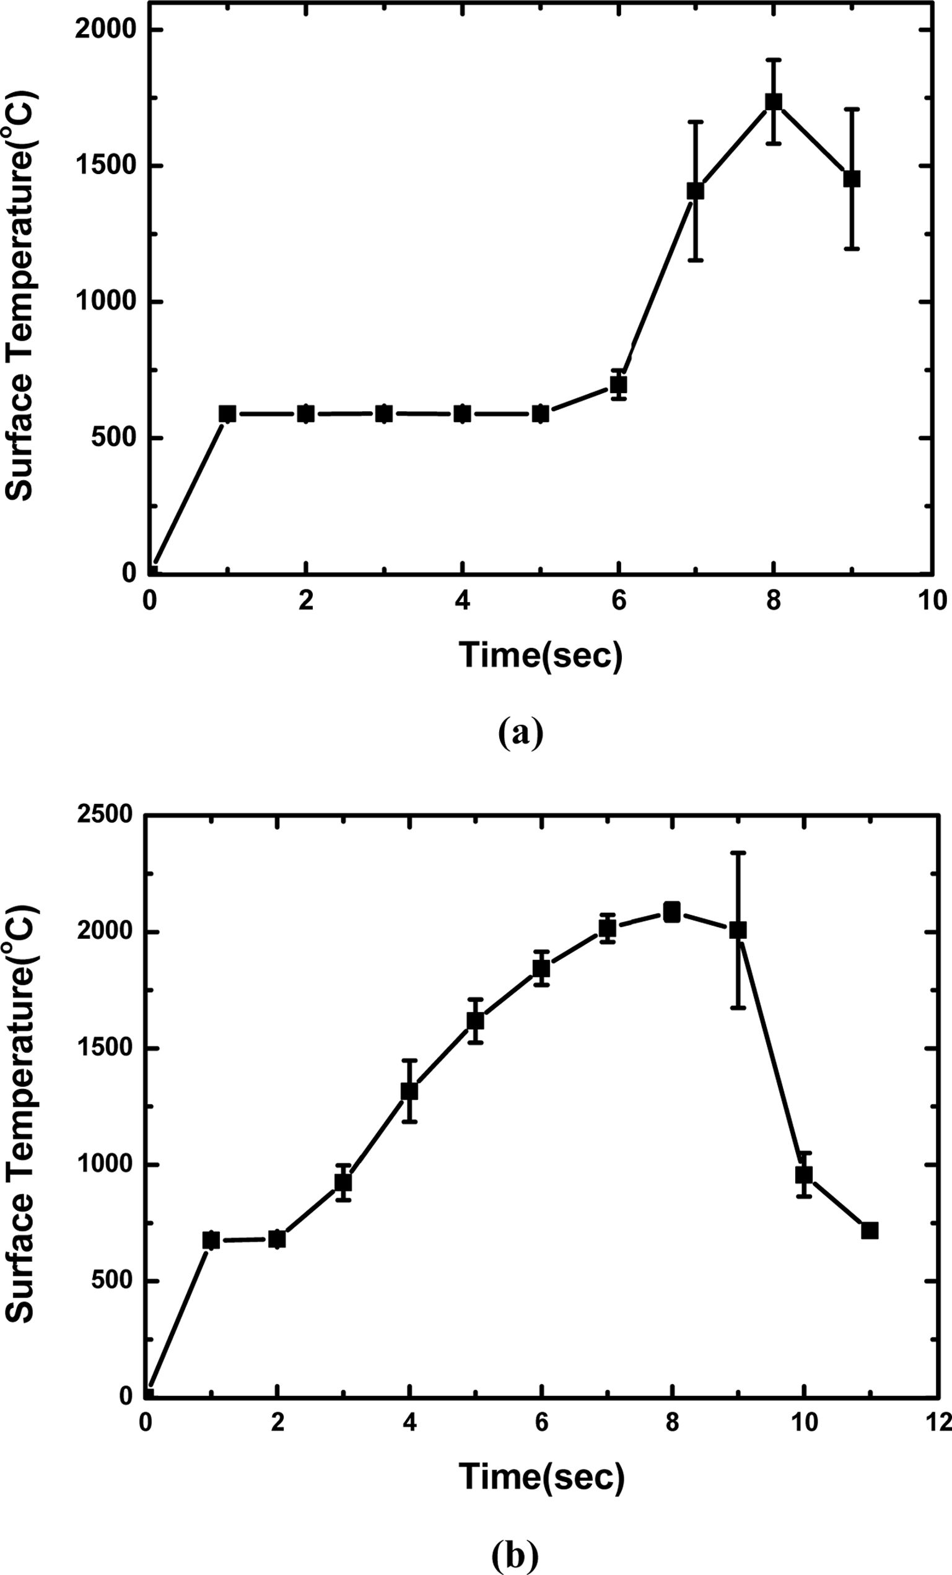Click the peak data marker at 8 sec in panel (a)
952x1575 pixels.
click(774, 102)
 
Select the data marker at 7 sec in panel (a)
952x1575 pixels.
click(696, 191)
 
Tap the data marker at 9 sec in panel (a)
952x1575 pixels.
click(852, 179)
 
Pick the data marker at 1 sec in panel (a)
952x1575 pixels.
click(227, 414)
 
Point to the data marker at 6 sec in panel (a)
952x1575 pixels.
click(618, 385)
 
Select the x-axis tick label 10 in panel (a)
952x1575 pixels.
click(932, 602)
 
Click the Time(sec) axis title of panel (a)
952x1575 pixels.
click(540, 655)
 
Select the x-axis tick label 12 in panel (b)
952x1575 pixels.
click(935, 1422)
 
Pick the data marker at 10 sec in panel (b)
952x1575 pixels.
click(804, 1174)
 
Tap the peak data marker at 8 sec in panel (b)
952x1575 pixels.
click(671, 912)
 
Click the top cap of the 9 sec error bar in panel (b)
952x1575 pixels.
click(738, 853)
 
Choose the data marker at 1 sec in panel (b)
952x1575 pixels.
click(211, 1241)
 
